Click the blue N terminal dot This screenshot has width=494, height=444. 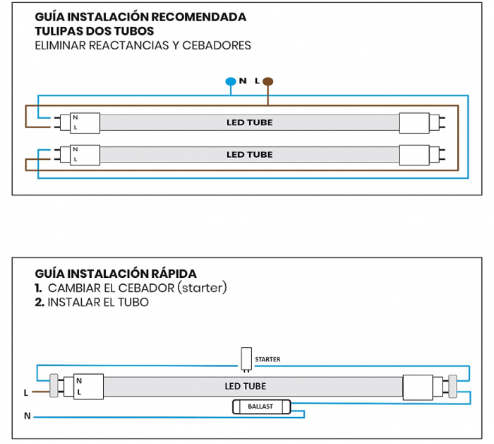coord(230,81)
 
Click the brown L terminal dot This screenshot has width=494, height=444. coord(267,81)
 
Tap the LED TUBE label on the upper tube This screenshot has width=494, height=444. coord(249,122)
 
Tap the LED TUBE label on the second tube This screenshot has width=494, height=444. coord(249,154)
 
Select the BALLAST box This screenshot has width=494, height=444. coord(260,407)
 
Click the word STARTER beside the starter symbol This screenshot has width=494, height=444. coord(267,359)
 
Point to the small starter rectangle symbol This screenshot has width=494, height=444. coord(246,358)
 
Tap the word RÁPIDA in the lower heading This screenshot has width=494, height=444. coord(170,274)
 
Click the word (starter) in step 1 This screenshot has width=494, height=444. coord(202,288)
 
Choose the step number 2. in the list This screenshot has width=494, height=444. coord(40,302)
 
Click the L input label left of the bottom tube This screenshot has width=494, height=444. coord(26,392)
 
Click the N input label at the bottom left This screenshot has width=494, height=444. coord(27,416)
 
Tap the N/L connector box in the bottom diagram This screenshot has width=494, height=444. coord(88,386)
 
